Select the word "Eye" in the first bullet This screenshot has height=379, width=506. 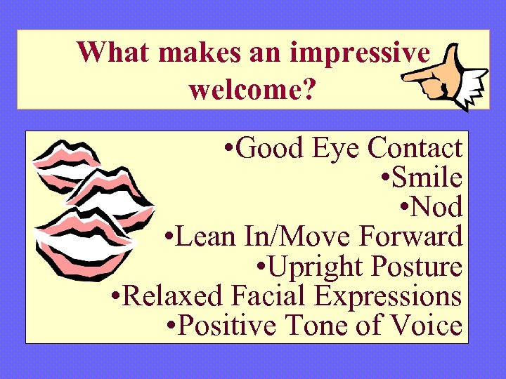pos(339,149)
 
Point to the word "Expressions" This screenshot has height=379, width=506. pos(387,296)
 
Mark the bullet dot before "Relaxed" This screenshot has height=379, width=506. pos(117,296)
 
